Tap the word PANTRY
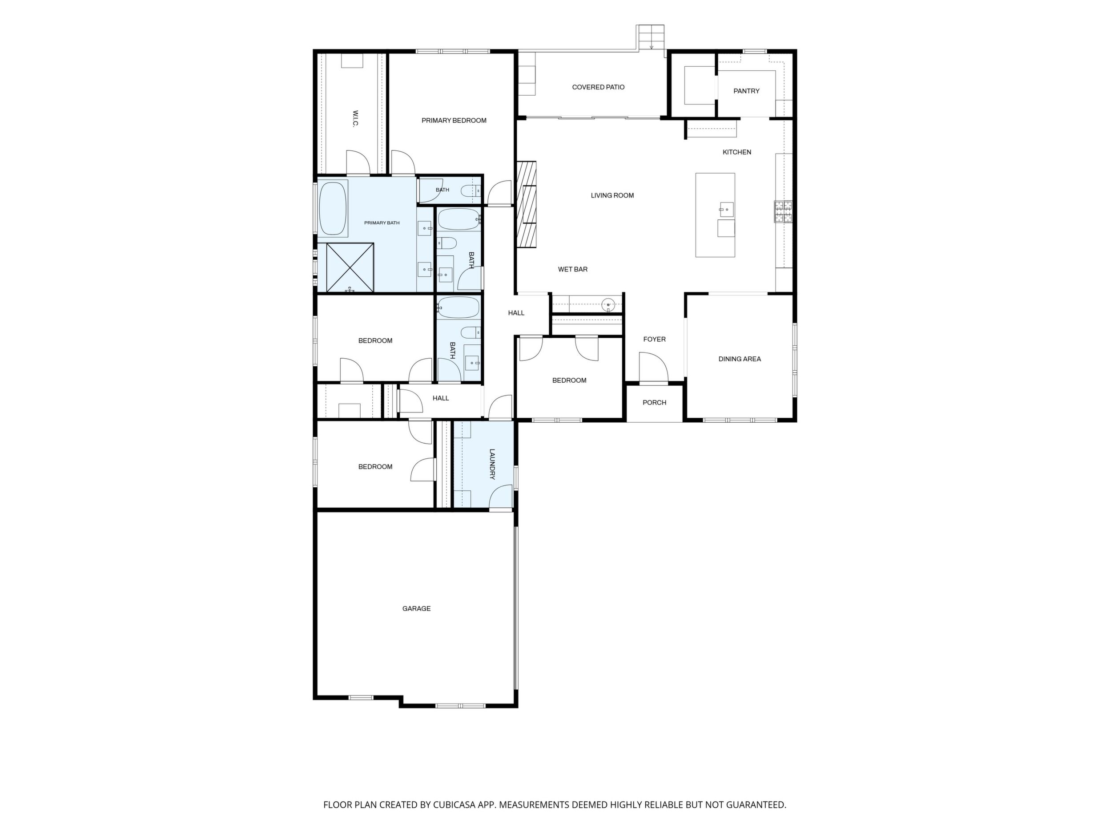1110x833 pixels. pyautogui.click(x=746, y=91)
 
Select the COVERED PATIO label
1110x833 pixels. pyautogui.click(x=598, y=87)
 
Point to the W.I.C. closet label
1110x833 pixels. pyautogui.click(x=355, y=119)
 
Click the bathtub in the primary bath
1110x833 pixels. pyautogui.click(x=333, y=208)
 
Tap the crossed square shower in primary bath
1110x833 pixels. pyautogui.click(x=350, y=267)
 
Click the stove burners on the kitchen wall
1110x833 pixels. pyautogui.click(x=783, y=211)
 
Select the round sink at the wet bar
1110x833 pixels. pyautogui.click(x=608, y=304)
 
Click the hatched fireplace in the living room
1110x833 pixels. pyautogui.click(x=527, y=204)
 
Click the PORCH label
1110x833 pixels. pyautogui.click(x=654, y=403)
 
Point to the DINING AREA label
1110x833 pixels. pyautogui.click(x=740, y=359)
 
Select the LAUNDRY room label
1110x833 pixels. pyautogui.click(x=492, y=464)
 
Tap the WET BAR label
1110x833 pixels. pyautogui.click(x=572, y=270)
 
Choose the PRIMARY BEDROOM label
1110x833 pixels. pyautogui.click(x=454, y=121)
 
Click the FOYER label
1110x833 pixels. pyautogui.click(x=654, y=340)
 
